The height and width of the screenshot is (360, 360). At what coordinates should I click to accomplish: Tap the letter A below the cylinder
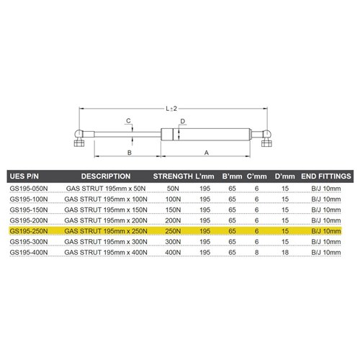coord(207,153)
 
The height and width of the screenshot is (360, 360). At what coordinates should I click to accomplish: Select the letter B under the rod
coord(128,153)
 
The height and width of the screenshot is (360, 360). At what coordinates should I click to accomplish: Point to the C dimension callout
coord(127,120)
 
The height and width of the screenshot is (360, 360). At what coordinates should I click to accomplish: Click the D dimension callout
coord(184,121)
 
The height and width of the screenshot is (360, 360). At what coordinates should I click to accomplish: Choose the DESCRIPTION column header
coord(106,176)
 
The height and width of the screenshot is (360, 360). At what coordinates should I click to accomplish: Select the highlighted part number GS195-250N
coord(28,230)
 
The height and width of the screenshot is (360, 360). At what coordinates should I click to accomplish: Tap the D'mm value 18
coord(285,253)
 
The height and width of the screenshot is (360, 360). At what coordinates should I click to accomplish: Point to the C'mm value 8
coord(258,253)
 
